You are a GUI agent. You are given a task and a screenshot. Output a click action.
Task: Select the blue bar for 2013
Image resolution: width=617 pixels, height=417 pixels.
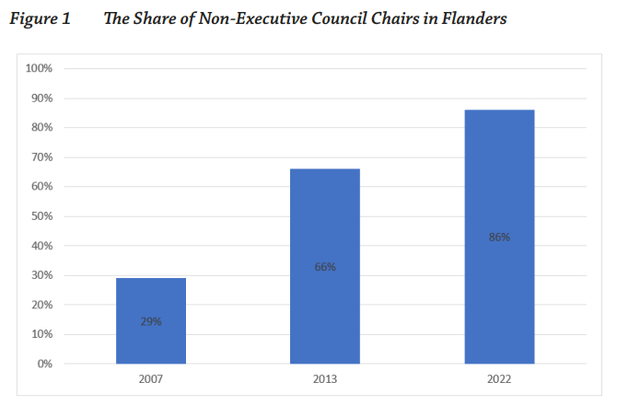324,266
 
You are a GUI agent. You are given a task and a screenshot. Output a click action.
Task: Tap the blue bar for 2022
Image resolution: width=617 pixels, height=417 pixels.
499,237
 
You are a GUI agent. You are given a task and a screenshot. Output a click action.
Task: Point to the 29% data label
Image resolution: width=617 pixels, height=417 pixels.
151,321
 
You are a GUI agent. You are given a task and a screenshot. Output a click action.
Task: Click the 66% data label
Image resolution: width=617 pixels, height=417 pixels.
325,267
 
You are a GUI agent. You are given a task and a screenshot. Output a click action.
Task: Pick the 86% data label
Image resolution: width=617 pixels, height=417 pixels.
499,237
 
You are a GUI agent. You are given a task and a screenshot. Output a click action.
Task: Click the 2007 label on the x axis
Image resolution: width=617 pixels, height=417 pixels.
150,379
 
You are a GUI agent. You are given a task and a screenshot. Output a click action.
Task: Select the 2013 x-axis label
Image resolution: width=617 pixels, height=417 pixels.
324,379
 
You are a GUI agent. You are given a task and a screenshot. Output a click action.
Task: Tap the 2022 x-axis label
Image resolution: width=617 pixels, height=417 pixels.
499,379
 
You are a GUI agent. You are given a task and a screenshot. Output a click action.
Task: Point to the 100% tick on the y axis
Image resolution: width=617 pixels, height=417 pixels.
40,69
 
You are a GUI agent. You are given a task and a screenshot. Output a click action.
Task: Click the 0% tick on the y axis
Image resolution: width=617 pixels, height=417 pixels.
45,364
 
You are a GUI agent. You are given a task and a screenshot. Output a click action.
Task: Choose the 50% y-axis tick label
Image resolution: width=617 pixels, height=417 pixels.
42,216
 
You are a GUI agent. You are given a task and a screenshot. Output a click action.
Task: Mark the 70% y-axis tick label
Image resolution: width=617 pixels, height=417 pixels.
42,157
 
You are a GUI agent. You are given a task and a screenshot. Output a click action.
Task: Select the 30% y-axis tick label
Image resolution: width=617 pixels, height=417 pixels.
42,275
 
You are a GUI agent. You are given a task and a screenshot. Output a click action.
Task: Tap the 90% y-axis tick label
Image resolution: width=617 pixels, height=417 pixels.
42,98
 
